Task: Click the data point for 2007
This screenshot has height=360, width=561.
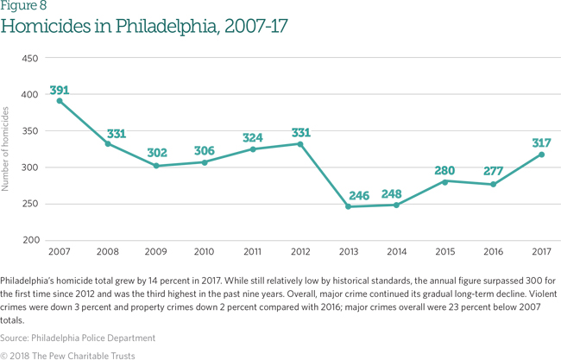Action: [60, 101]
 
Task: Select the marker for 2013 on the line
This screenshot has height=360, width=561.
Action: [348, 206]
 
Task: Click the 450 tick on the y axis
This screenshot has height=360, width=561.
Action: [30, 58]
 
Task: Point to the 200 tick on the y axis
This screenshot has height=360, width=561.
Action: [30, 240]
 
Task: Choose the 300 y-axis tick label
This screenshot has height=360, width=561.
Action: [30, 167]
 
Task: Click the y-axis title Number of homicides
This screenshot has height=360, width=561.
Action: [8, 148]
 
